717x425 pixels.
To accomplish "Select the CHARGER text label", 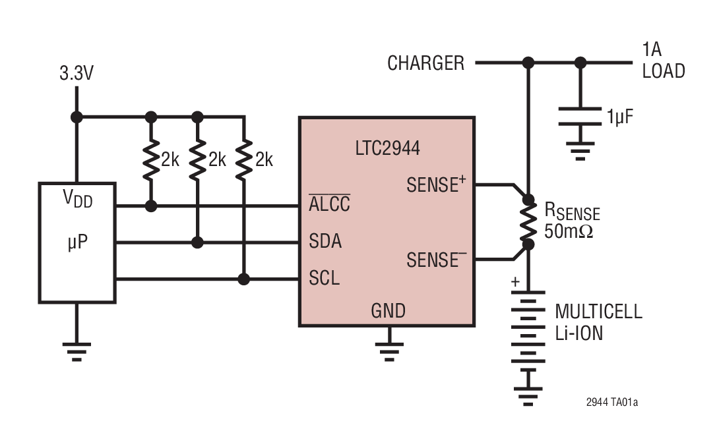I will point(425,63).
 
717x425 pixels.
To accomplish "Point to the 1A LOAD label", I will point(663,61).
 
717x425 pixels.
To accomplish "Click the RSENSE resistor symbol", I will point(528,222).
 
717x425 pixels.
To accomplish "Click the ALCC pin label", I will point(329,204).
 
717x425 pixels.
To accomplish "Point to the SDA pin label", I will point(325,242).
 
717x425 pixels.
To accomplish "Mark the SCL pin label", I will point(325,279).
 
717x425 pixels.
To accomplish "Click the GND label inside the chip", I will point(388,310).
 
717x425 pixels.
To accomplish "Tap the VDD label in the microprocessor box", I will point(77,198).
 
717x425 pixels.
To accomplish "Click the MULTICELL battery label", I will point(598,312).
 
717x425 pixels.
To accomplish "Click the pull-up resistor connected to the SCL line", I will point(244,159).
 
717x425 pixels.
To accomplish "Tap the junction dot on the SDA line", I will point(197,242).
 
